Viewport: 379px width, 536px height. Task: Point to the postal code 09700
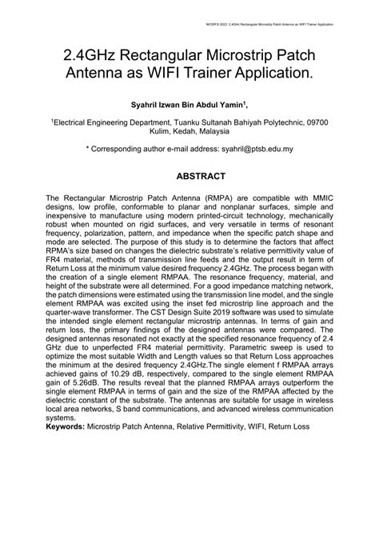click(x=314, y=123)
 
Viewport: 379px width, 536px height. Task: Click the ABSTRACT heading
click(x=189, y=175)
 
